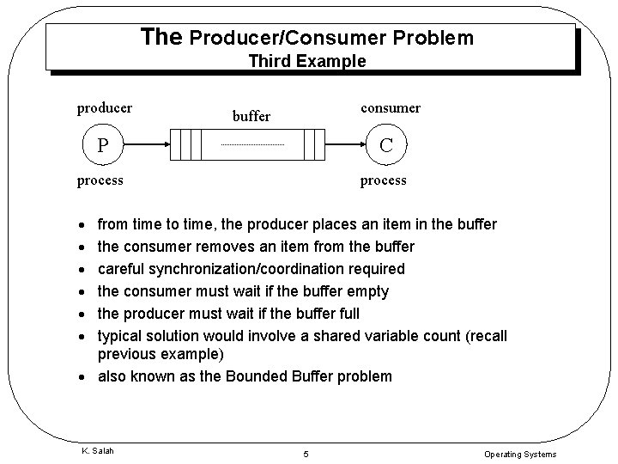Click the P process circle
click(102, 144)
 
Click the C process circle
click(386, 144)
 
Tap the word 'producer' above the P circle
click(105, 107)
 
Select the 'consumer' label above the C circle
click(391, 107)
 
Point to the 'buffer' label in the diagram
click(251, 116)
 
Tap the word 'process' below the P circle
click(100, 180)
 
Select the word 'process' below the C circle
click(384, 180)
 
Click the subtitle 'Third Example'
click(307, 61)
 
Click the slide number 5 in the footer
click(305, 454)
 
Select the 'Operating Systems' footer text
click(520, 454)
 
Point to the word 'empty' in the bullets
click(367, 291)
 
